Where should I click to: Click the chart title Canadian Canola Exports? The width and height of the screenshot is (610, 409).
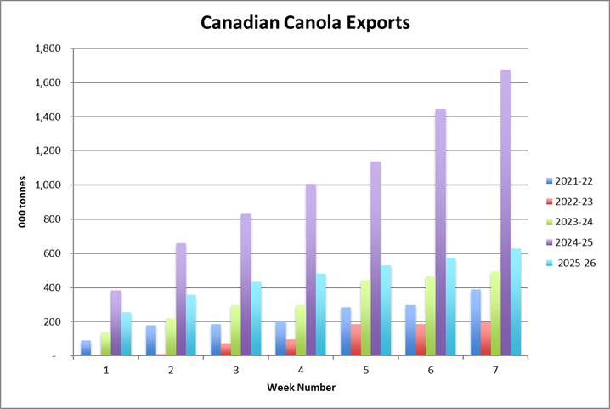[305, 22]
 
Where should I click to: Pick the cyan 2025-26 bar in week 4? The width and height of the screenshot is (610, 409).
[320, 315]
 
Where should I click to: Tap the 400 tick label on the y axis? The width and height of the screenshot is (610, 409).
[52, 287]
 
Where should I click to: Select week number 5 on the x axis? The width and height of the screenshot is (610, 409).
[366, 370]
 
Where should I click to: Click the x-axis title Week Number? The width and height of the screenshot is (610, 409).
[301, 388]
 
